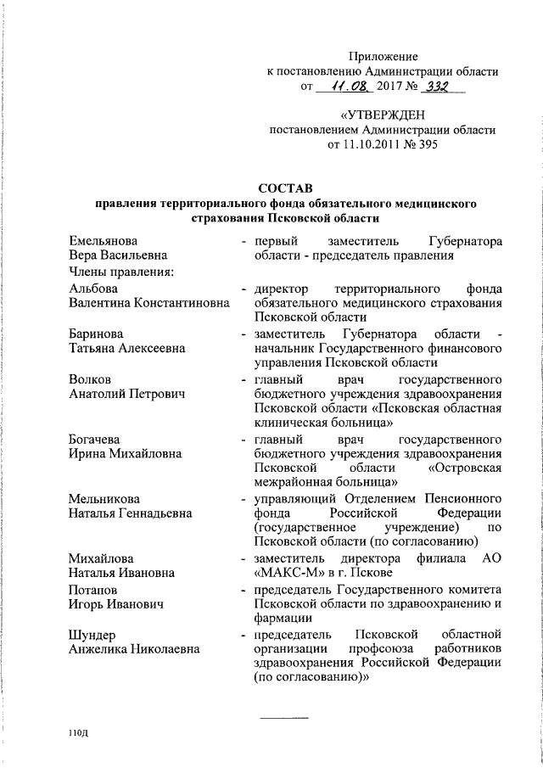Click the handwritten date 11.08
338,87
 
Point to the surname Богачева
94,440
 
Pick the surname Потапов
92,589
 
